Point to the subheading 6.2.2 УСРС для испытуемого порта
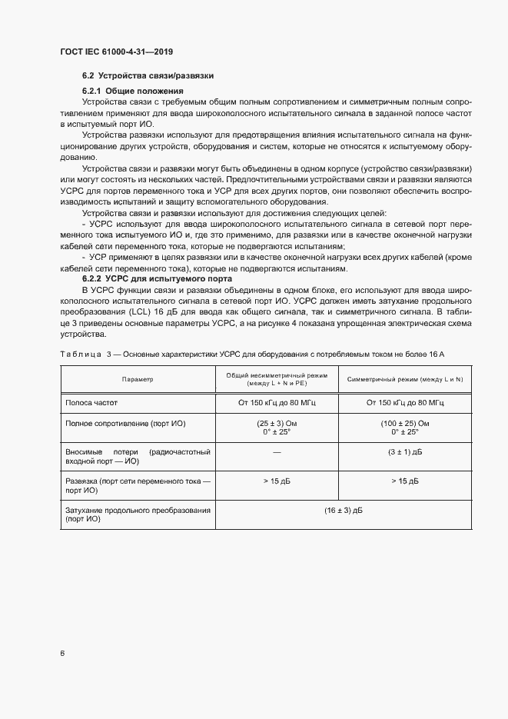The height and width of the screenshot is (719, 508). (x=155, y=278)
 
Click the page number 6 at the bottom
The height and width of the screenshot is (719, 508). (x=61, y=653)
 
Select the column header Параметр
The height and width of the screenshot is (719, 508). (x=138, y=380)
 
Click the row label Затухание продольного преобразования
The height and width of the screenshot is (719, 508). (x=138, y=510)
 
